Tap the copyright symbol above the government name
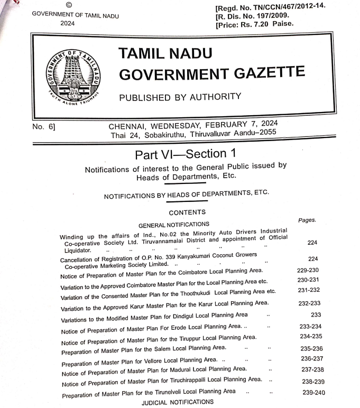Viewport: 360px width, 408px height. [x=69, y=5]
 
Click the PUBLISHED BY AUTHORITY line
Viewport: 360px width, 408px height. [x=180, y=97]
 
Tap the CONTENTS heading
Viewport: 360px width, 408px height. [x=187, y=212]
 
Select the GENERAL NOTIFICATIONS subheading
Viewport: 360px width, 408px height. [x=173, y=224]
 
